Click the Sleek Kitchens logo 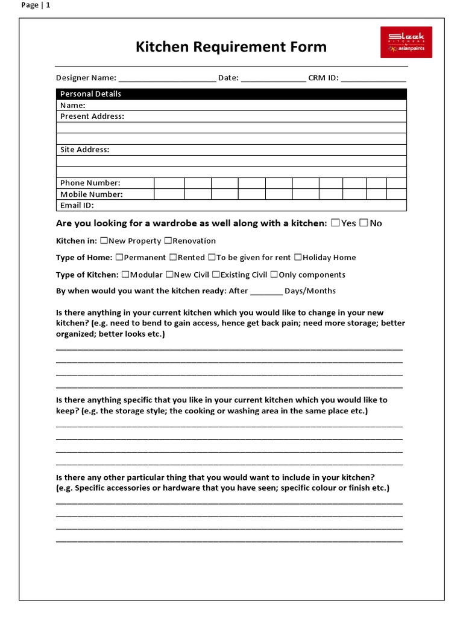[406, 42]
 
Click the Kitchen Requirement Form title [231, 46]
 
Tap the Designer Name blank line [167, 78]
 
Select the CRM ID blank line [373, 78]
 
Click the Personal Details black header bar [231, 94]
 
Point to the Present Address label [92, 116]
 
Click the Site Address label [85, 150]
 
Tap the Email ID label [77, 205]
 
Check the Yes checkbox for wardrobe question [335, 223]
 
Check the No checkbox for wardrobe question [364, 223]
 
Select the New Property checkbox [104, 241]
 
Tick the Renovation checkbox [168, 241]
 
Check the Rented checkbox [173, 257]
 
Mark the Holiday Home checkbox [298, 257]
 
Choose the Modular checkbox [125, 275]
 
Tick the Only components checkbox [274, 275]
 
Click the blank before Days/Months [266, 291]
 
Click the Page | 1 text [36, 5]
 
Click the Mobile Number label [92, 194]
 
